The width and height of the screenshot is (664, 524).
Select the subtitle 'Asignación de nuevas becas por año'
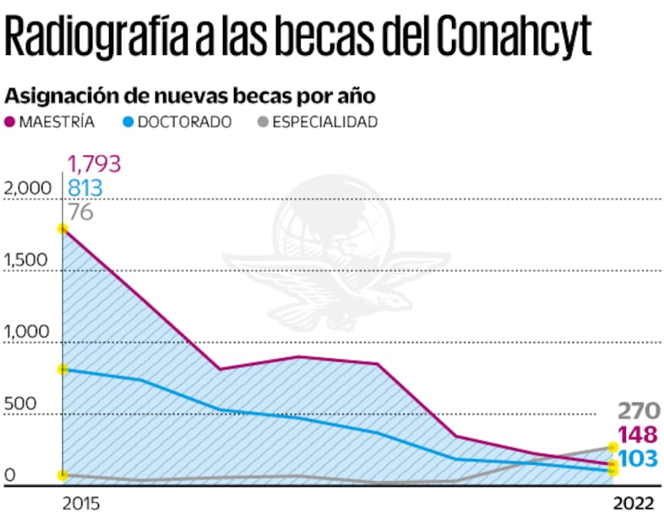[x=189, y=95]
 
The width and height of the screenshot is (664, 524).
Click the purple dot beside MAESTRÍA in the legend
[x=12, y=122]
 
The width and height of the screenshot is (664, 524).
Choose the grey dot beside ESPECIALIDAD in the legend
[x=264, y=122]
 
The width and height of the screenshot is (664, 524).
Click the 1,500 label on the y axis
[x=25, y=261]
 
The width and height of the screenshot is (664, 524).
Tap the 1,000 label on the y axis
[x=25, y=333]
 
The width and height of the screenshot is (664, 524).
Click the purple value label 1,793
[x=95, y=163]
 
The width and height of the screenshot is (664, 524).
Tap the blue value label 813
[x=85, y=188]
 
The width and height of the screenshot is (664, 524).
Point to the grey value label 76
[x=80, y=211]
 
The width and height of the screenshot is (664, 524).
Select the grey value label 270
[x=636, y=412]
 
